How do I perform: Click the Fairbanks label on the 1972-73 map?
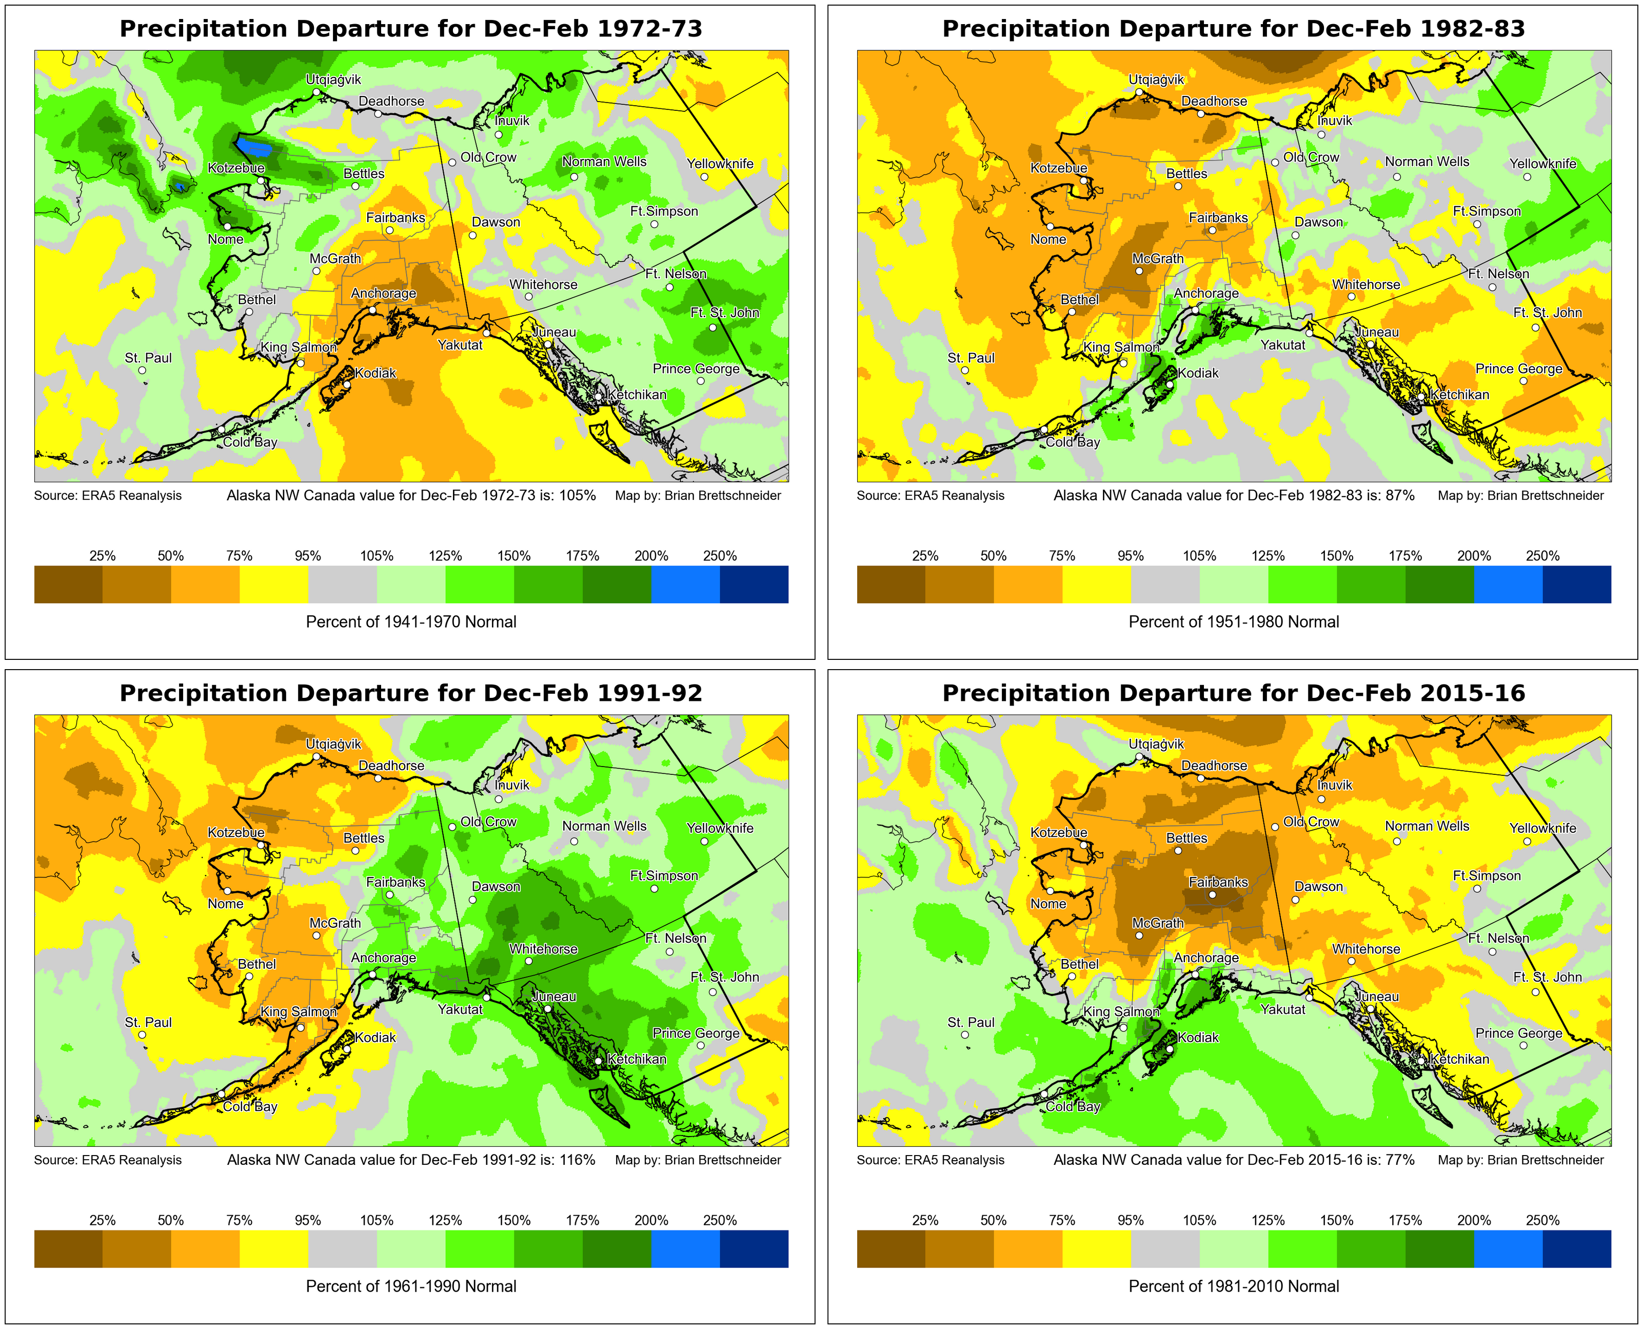coord(395,218)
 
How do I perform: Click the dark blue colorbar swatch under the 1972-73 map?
coord(754,584)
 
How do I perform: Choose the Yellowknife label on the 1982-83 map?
coord(1543,164)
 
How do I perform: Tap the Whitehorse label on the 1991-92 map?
coord(543,949)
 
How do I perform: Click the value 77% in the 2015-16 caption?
coord(1400,1160)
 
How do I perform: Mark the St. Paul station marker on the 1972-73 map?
coord(142,370)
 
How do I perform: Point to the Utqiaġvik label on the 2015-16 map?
coord(1156,744)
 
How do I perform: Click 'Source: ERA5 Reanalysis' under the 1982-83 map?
coord(931,495)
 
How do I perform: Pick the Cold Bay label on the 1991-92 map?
coord(250,1106)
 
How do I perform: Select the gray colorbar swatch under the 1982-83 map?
coord(1165,584)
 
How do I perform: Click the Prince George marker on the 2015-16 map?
coord(1523,1046)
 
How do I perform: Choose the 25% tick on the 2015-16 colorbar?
coord(925,1220)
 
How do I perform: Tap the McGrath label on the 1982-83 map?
coord(1158,259)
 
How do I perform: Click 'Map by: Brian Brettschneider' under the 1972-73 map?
coord(698,495)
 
